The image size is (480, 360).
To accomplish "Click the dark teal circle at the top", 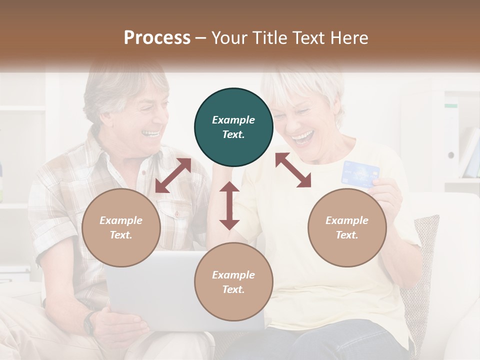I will point(233,127).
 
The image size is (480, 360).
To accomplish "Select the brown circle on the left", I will point(121,227).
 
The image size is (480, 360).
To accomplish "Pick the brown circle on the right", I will point(347,227).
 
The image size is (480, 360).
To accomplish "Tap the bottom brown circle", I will point(233,282).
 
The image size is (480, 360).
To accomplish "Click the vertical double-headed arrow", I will point(229,205).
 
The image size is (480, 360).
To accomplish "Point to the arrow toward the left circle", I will point(173,175).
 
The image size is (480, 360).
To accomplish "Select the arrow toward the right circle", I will point(293,170).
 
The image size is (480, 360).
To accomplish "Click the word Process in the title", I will point(157,38).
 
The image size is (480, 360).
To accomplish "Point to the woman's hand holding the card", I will point(387,192).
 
